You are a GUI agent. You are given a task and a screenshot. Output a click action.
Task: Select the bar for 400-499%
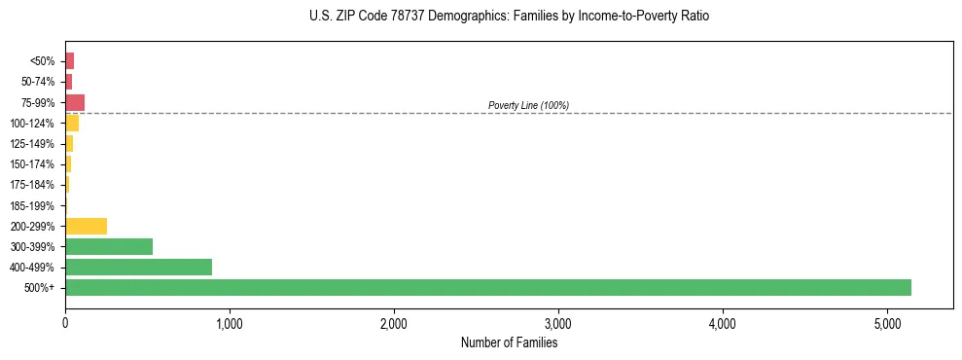[x=138, y=267]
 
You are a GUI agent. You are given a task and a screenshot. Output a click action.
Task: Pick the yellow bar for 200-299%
[x=86, y=226]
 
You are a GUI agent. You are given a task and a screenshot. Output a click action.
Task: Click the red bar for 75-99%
[x=75, y=102]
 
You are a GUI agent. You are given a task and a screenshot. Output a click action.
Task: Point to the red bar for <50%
[x=69, y=60]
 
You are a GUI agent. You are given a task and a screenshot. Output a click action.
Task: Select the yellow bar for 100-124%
[x=72, y=123]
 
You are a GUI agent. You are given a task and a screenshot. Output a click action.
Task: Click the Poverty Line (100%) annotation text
[x=528, y=105]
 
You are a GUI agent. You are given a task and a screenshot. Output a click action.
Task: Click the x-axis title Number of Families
[x=509, y=342]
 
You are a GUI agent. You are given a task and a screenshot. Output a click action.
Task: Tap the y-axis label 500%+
[x=41, y=288]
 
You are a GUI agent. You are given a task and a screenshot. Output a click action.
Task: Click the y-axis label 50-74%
[x=39, y=82]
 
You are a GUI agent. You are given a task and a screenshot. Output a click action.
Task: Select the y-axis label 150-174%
[x=32, y=164]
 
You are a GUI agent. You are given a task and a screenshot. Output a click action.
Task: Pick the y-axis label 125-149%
[x=32, y=144]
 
